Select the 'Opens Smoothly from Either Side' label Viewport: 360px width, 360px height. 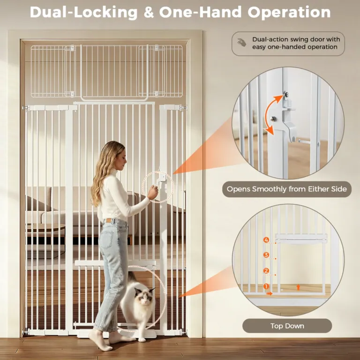coord(287,189)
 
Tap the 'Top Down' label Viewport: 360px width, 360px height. coord(287,326)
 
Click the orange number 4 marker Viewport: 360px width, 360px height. coord(266,240)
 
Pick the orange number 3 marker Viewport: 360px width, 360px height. coord(266,255)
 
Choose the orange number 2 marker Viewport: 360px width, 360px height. coord(266,271)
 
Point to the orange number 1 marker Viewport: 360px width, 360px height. coord(266,286)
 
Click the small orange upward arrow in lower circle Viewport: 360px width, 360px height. coord(298,287)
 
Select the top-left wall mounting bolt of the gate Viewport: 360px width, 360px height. coord(25,107)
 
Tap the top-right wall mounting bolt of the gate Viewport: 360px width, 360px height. coord(183,107)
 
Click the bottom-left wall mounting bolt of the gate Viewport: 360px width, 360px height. coord(25,332)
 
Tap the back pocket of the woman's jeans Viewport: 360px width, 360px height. coord(107,239)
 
